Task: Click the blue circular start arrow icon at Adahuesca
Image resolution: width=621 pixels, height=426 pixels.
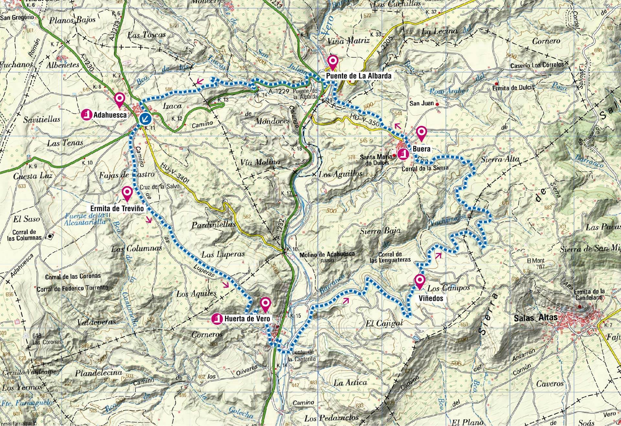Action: (146, 119)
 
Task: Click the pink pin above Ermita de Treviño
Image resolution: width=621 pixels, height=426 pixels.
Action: (127, 193)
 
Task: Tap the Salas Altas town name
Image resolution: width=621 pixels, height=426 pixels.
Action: (536, 317)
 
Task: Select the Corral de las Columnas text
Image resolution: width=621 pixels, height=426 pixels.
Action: (24, 235)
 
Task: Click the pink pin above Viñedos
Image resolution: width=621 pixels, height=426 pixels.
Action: (419, 281)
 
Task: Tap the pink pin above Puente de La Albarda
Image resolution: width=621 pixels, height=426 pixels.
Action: (332, 61)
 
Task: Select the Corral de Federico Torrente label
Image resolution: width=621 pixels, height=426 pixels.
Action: (72, 288)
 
